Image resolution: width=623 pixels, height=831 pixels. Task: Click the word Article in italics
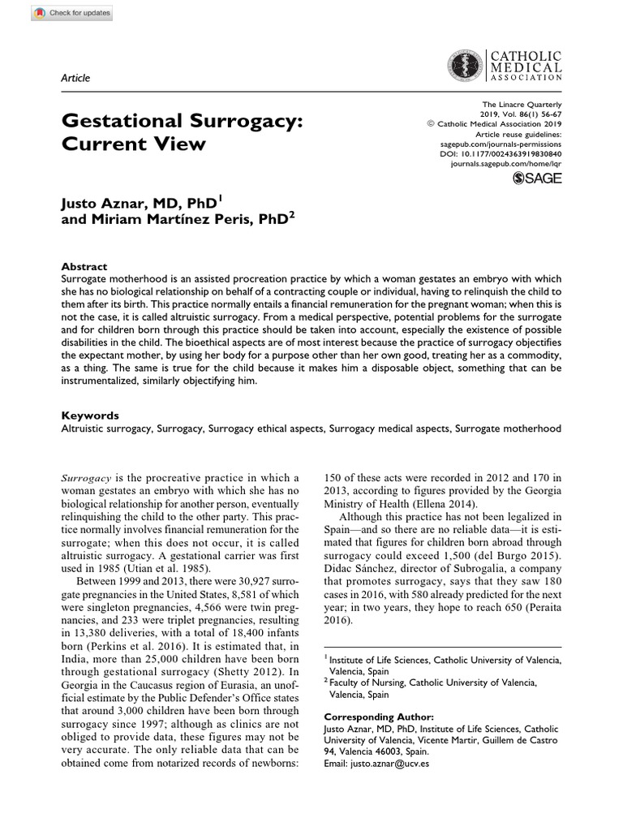[75, 78]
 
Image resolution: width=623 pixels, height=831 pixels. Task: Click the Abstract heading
[84, 266]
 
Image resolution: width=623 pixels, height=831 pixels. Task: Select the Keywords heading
[90, 415]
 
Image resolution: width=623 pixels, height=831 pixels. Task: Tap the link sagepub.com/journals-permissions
[506, 143]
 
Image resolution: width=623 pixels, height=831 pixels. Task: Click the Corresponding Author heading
[379, 717]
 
